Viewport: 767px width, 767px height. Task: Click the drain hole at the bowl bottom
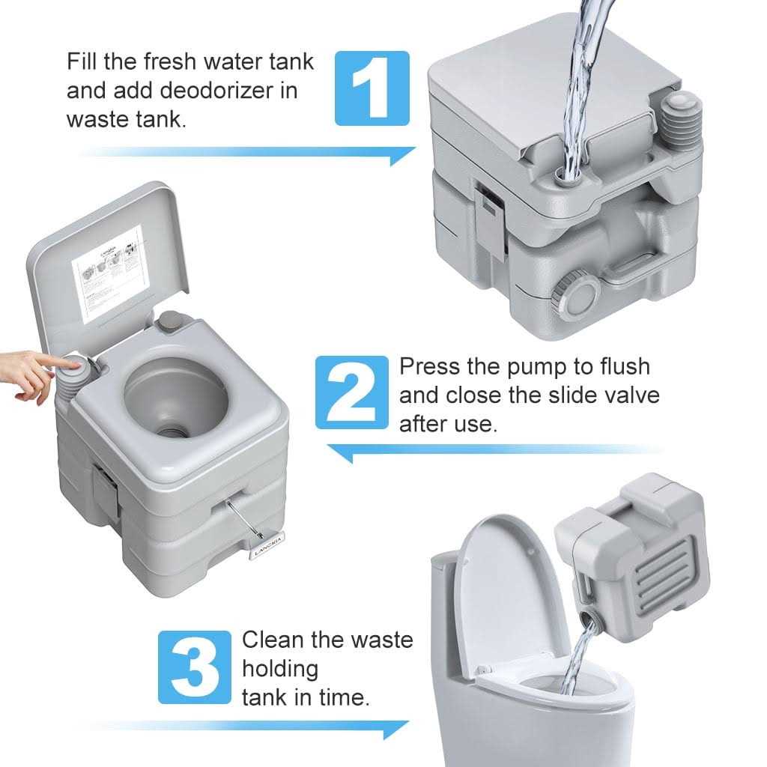tap(175, 431)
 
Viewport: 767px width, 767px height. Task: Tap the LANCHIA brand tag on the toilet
tap(267, 539)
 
